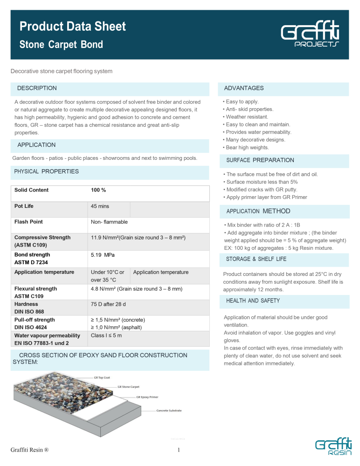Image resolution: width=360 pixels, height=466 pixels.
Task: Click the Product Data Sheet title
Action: coord(73,27)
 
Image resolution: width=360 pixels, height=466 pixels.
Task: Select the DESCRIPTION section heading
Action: coord(37,88)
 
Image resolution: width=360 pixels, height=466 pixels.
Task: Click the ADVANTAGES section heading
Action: coord(244,88)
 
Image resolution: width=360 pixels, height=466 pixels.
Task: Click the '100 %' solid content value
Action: coord(98,190)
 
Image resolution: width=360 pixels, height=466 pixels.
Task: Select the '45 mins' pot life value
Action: coord(100,206)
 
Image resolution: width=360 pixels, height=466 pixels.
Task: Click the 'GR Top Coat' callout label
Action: coord(102,377)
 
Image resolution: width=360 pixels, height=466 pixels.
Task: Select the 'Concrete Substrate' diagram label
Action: coord(169,411)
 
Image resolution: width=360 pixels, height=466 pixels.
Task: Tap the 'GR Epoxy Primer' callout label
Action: coord(147,397)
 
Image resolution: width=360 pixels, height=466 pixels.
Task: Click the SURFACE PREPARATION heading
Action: coord(260,160)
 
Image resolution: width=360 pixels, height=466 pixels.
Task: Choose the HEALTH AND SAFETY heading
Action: coord(253,301)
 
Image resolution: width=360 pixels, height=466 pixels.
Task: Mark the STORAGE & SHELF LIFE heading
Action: coord(256,259)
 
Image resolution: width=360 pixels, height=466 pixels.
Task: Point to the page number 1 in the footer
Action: coord(180,450)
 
